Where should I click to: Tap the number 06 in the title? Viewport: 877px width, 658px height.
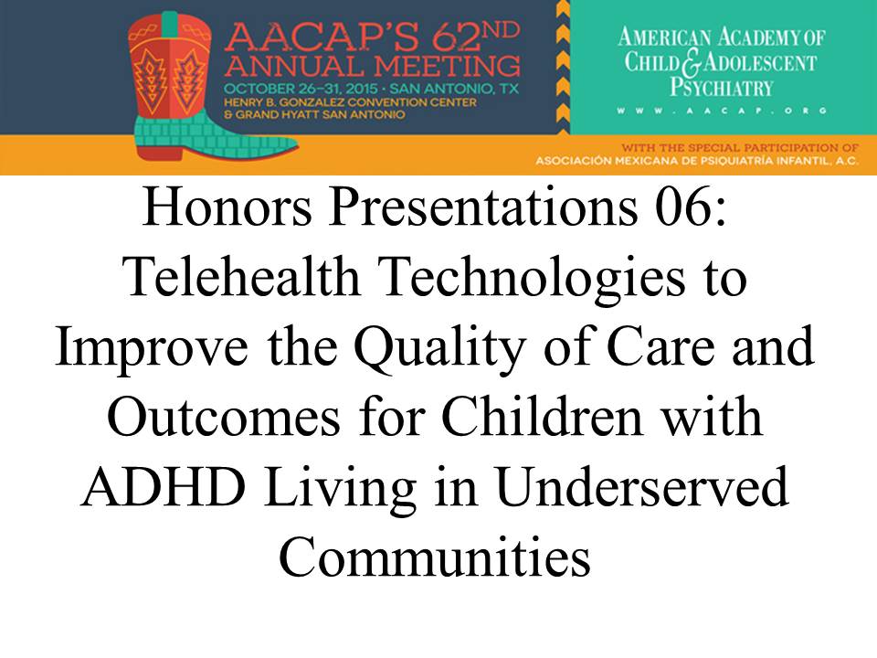(x=683, y=207)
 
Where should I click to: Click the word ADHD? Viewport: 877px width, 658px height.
(x=163, y=486)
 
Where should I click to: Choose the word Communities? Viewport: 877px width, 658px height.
(x=435, y=557)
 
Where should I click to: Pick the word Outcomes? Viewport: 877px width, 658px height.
(x=223, y=418)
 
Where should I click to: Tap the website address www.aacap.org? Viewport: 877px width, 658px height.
(x=722, y=111)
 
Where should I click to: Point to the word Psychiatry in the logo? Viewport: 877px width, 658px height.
(x=722, y=88)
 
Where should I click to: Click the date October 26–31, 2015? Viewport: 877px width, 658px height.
(x=301, y=89)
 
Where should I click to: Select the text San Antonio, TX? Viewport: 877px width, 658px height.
(x=454, y=89)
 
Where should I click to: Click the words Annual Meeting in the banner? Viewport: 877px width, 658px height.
(x=372, y=66)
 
